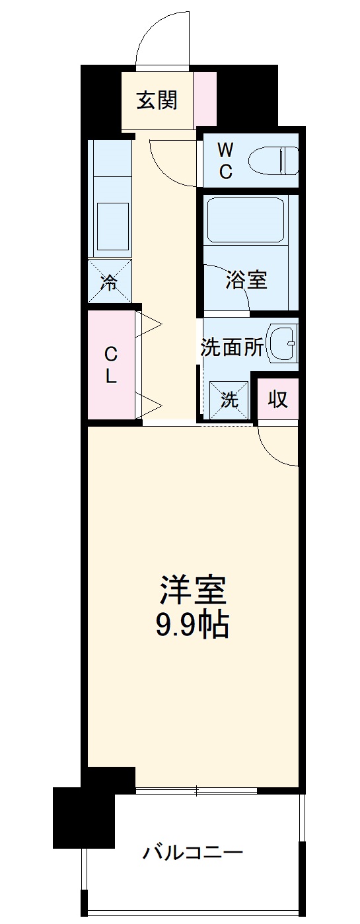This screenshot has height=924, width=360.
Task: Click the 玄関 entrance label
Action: click(x=157, y=101)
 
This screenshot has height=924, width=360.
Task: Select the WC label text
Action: click(x=225, y=160)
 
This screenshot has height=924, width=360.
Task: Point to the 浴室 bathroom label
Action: click(x=246, y=280)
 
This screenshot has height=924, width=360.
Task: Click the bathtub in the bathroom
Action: click(x=245, y=221)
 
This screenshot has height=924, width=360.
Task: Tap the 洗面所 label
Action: click(x=233, y=347)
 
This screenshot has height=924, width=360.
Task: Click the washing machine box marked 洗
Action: click(x=229, y=400)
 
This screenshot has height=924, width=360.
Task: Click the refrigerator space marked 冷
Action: click(x=110, y=281)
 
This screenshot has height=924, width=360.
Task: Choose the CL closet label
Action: click(x=110, y=366)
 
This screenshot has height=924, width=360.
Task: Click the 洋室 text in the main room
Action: click(x=193, y=590)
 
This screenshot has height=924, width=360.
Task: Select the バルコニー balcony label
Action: click(x=193, y=852)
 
